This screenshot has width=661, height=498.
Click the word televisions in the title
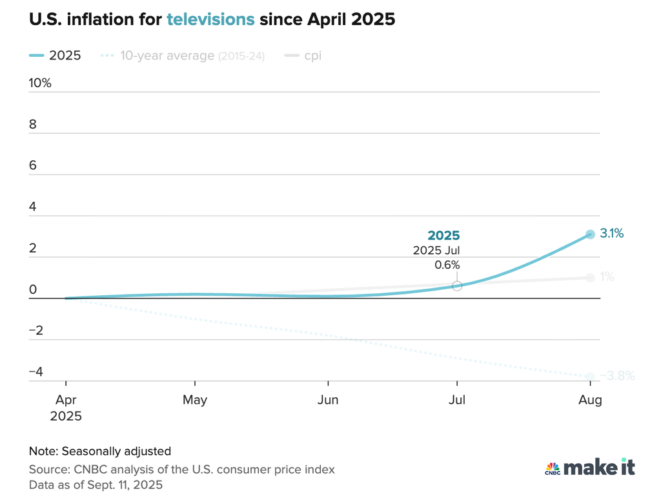point(210,19)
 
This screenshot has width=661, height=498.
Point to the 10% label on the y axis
point(40,83)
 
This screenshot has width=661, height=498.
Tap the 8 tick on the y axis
point(33,125)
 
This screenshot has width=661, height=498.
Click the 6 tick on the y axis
point(33,166)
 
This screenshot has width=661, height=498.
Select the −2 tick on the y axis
point(36,331)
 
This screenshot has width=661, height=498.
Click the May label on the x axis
point(195,400)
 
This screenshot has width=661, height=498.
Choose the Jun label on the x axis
point(328,400)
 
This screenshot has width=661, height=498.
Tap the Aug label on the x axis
point(590,400)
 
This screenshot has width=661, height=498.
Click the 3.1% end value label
point(612,234)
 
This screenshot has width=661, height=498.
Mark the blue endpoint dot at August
point(590,234)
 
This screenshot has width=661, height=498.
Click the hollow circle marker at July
point(457,285)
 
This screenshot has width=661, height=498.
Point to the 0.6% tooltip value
point(447,265)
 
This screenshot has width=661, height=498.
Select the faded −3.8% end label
point(618,375)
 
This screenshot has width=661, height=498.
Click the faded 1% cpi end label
point(607,277)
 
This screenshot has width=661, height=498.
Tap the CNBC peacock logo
point(552,468)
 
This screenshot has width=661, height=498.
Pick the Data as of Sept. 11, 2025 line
point(96,484)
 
